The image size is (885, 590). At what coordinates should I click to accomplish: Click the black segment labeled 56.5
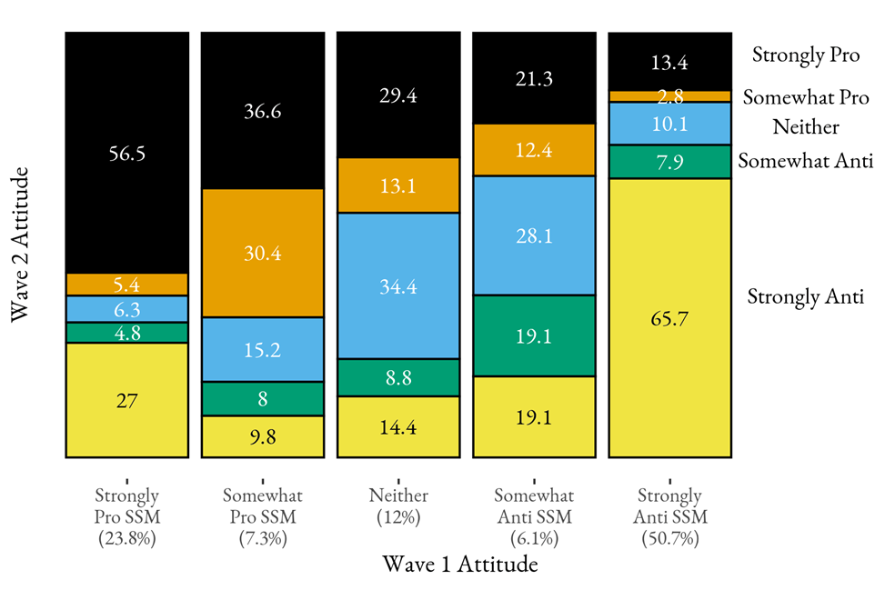[126, 153]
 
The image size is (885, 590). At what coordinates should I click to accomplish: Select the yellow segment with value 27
[126, 400]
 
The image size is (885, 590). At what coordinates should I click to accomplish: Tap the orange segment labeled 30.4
[262, 254]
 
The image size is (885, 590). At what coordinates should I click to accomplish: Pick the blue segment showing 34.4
[398, 286]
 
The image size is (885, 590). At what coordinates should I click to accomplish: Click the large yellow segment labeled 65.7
[669, 318]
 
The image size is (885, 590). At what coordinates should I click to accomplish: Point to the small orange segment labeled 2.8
[669, 96]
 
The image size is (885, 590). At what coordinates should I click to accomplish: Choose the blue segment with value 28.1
[534, 235]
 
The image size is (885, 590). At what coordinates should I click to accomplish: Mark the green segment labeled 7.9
[669, 162]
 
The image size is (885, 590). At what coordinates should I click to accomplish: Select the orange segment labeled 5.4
[126, 285]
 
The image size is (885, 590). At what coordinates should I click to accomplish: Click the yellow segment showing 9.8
[262, 436]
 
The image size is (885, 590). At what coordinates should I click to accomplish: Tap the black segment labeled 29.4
[398, 95]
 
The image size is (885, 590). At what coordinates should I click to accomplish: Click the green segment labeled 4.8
[126, 333]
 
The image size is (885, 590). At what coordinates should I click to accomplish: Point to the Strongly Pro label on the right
[806, 55]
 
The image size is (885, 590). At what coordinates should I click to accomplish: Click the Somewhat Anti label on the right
[806, 162]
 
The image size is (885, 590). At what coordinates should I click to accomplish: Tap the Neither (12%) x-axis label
[398, 505]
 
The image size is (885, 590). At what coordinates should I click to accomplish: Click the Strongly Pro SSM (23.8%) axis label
[126, 516]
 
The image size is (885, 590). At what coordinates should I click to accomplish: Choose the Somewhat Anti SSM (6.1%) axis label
[534, 516]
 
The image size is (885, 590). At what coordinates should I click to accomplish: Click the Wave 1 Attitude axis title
[459, 565]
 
